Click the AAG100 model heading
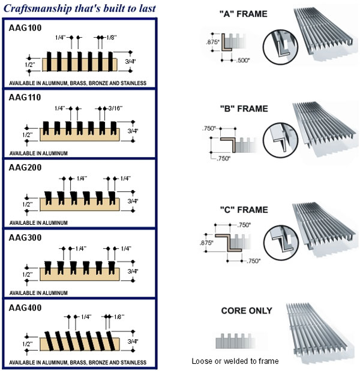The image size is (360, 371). tap(25, 28)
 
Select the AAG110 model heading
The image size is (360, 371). tap(25, 98)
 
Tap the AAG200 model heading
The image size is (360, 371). tap(25, 167)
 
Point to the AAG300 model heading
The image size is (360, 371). tap(25, 237)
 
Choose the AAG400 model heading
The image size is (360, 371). tap(25, 308)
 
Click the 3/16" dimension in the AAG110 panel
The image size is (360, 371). tap(115, 108)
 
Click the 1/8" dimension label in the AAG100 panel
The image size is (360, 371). tap(112, 37)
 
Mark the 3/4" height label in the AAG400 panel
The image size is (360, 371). tap(133, 341)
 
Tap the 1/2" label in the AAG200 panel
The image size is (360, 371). tap(28, 204)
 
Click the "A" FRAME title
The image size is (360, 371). tap(244, 14)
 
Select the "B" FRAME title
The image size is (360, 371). tap(244, 108)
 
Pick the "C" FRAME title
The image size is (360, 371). tap(244, 210)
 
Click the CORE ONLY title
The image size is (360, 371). tap(247, 310)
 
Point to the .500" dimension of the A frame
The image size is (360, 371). tap(243, 61)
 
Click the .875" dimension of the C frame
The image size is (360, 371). tap(206, 243)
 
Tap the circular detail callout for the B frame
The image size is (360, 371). tap(280, 140)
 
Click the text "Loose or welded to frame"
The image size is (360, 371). tap(235, 361)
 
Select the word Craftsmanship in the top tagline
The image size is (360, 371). tap(38, 8)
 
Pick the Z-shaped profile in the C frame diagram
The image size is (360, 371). tap(229, 243)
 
